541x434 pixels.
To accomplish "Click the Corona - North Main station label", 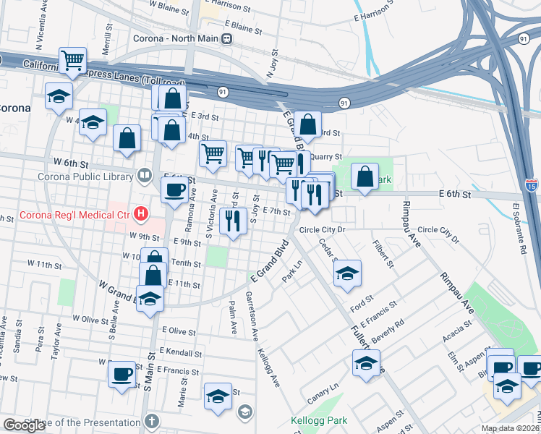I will (176, 38).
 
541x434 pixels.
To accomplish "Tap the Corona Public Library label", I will (88, 175).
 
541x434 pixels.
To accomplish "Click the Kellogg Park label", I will (318, 420).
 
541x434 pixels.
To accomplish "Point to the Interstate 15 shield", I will (532, 186).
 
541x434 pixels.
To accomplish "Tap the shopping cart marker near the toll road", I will (73, 61).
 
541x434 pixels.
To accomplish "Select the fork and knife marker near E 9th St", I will (232, 220).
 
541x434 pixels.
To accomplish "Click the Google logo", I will (23, 425).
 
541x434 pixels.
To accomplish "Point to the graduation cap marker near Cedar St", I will (348, 273).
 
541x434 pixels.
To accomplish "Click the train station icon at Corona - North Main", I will (227, 38).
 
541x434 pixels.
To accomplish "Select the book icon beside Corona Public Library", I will (145, 175).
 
